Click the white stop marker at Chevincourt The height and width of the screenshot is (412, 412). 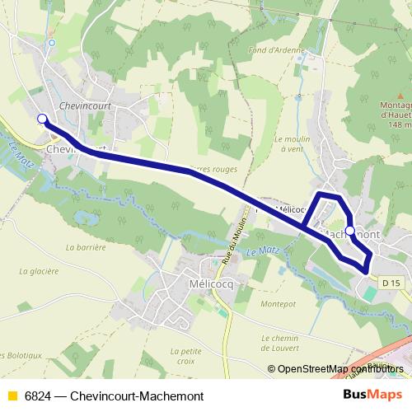pyautogui.click(x=42, y=119)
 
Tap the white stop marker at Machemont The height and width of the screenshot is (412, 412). pyautogui.click(x=350, y=230)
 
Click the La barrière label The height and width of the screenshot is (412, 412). pyautogui.click(x=87, y=246)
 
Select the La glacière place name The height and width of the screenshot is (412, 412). pyautogui.click(x=39, y=270)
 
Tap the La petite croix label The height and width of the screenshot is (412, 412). pyautogui.click(x=184, y=356)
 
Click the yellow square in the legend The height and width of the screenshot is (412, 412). pyautogui.click(x=11, y=396)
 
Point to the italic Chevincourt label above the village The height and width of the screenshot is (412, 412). pyautogui.click(x=86, y=105)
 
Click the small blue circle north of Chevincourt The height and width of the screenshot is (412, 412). pyautogui.click(x=51, y=43)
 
